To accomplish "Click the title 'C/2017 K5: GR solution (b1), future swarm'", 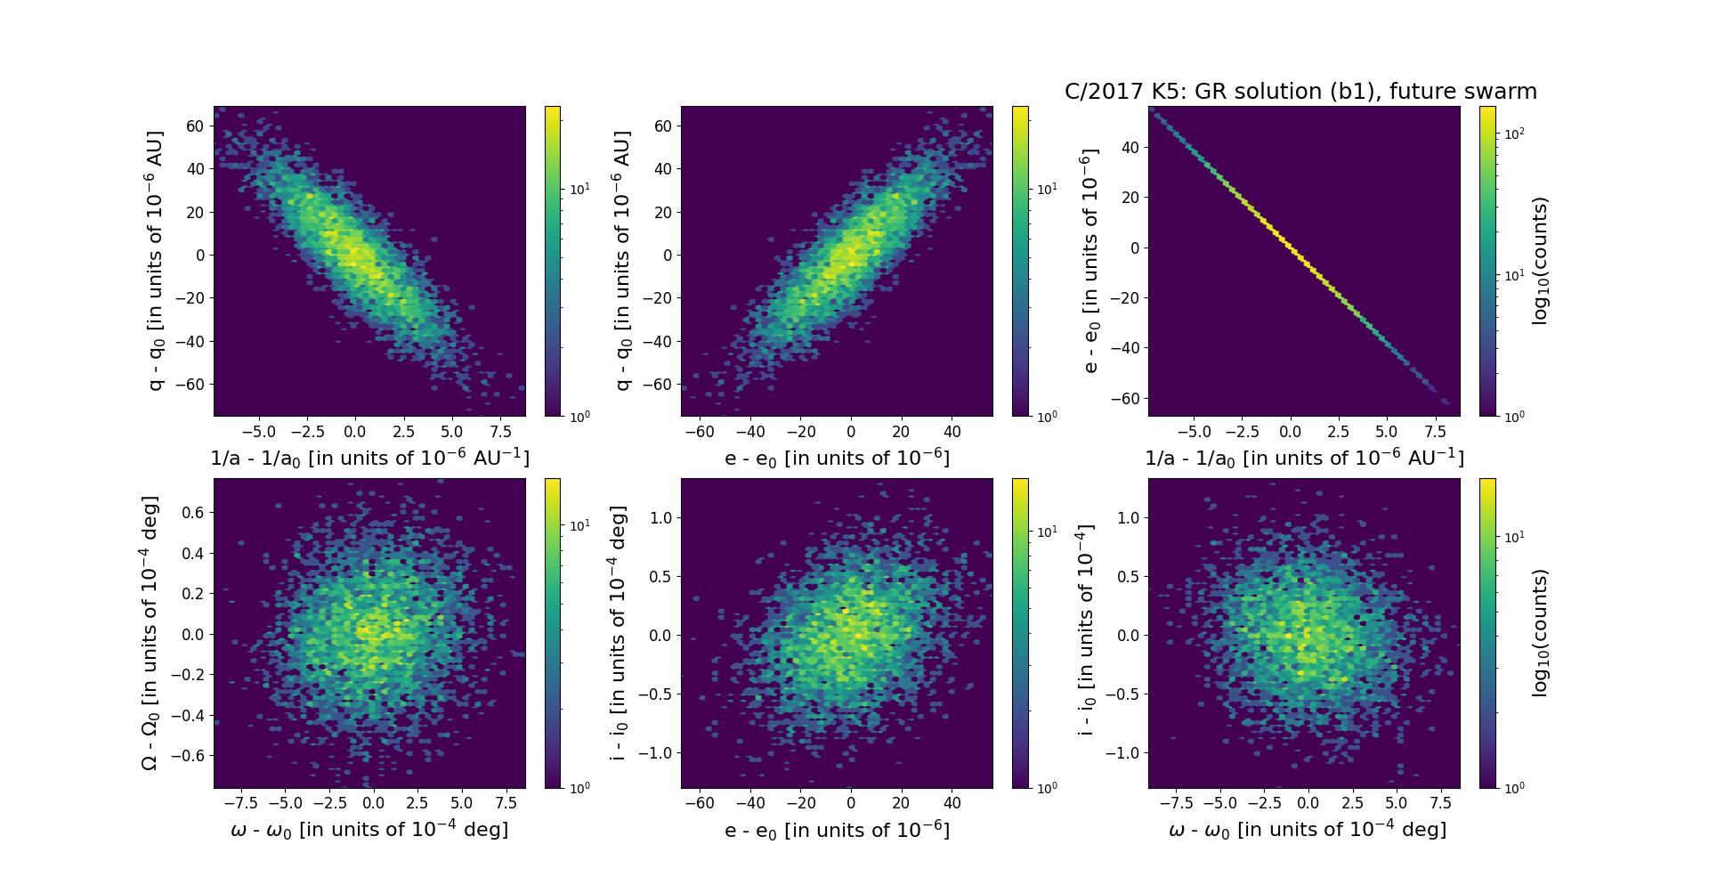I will coord(1300,92).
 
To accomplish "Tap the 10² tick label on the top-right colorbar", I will coord(1514,134).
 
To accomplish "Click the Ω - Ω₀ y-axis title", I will coord(150,633).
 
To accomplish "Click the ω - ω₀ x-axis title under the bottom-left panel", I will coord(369,830).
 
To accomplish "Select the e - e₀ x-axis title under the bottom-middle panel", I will coord(837,831).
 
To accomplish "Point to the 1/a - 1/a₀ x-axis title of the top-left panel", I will coord(369,459).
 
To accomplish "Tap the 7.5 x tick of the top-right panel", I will coord(1435,432).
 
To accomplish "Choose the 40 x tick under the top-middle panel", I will coord(952,432).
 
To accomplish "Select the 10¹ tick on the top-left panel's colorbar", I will coord(579,189).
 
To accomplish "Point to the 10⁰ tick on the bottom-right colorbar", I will coord(1514,788).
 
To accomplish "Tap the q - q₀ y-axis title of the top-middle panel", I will coord(623,261).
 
